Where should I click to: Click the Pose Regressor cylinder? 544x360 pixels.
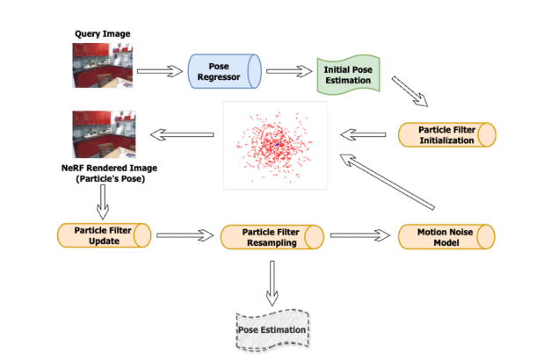[224, 71]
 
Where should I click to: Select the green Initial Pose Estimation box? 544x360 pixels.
[348, 75]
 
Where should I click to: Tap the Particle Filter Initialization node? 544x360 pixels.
[446, 135]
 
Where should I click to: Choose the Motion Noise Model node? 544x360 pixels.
[446, 237]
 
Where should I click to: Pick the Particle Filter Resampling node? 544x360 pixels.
[272, 237]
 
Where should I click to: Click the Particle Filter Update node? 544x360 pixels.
[104, 235]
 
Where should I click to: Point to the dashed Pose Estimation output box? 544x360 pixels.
[272, 330]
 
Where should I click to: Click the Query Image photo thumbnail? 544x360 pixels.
[102, 65]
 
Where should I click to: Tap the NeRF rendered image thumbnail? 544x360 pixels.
[104, 134]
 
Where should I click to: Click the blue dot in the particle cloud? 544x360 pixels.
[277, 144]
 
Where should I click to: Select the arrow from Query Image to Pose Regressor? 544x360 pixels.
[160, 71]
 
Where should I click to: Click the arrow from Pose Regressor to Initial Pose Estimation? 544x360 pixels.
[289, 71]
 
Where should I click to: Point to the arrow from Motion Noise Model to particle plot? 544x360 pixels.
[387, 182]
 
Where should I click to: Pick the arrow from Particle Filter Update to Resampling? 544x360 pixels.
[185, 235]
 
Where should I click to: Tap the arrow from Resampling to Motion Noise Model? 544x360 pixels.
[360, 235]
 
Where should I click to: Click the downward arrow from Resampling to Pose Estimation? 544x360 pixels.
[272, 284]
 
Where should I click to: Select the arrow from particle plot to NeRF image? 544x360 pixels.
[182, 135]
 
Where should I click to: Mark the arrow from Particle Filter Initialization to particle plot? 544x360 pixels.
[363, 134]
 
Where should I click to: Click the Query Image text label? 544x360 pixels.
[103, 34]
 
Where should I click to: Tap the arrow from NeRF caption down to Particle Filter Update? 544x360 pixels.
[103, 202]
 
